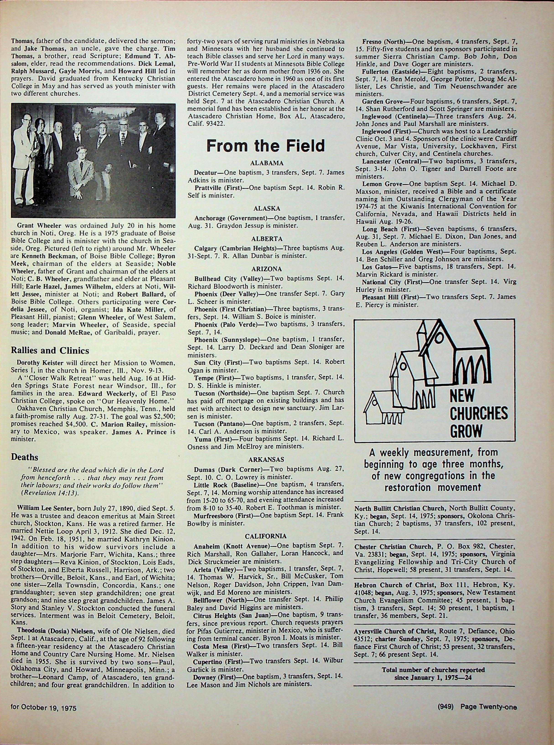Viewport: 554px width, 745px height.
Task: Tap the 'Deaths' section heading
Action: coord(24,457)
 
